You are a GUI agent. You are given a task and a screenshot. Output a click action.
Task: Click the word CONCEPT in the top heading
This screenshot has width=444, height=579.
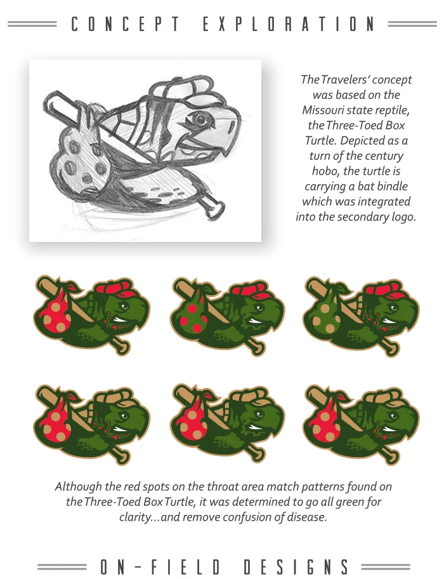126,24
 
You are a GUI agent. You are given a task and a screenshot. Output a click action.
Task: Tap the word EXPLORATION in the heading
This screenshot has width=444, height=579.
289,24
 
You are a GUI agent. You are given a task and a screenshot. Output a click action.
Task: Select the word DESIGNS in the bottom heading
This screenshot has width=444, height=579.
296,567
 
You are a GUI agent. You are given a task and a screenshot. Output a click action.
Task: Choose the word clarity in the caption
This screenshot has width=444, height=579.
135,517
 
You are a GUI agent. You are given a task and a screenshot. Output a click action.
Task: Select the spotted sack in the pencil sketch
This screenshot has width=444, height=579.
77,155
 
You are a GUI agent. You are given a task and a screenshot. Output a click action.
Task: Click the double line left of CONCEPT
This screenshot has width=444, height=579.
32,24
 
